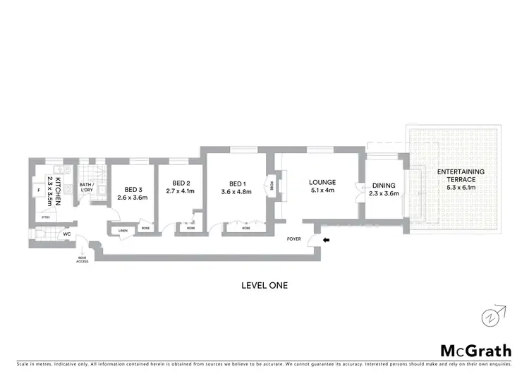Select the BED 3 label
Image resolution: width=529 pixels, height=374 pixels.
133,189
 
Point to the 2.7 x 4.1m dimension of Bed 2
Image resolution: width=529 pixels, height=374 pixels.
180,191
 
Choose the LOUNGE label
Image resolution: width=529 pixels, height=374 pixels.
322,181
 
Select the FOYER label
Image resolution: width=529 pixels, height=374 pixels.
293,239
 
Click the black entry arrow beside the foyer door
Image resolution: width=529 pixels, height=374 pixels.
326,240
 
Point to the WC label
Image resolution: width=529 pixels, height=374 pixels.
67,234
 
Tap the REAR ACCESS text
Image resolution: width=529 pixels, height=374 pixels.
83,259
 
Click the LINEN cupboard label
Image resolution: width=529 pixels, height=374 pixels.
123,229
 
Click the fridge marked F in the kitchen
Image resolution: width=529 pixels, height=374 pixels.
37,189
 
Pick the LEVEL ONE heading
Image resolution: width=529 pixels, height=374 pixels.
264,286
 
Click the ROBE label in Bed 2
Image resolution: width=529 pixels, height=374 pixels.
190,229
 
